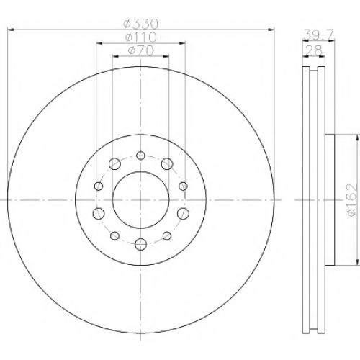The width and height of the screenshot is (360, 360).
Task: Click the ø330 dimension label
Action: coord(141,24)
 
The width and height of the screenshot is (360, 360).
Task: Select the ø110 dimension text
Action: coord(141,37)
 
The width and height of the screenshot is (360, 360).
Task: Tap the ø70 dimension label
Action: coord(141,50)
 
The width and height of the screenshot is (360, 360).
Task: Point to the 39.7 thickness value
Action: coord(318,35)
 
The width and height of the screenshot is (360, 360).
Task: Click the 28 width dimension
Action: coord(314,50)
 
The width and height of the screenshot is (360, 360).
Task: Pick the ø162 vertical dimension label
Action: coord(352,200)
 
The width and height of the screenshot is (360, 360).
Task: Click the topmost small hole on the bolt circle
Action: coord(140,156)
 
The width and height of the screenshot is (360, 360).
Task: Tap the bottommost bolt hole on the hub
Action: coord(140,244)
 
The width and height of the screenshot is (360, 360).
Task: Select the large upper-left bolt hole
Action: coord(114,164)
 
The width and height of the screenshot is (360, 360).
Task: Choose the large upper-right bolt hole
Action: coord(167,164)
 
